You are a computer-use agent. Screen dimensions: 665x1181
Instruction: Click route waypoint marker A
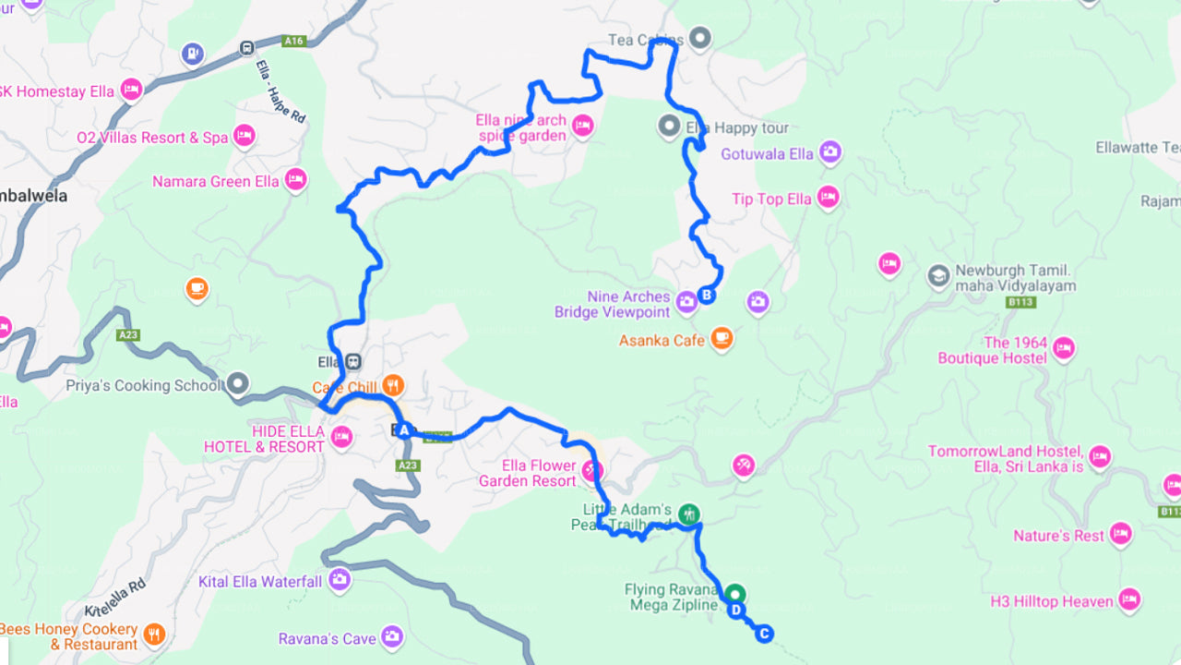pos(403,429)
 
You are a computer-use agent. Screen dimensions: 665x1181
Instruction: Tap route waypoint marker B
pos(707,296)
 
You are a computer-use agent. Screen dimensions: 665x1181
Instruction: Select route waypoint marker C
pos(764,634)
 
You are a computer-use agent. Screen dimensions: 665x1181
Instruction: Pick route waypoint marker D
pos(736,610)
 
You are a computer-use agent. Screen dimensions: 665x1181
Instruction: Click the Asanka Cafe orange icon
pos(722,339)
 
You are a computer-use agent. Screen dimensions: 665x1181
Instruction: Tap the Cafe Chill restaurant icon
pos(393,385)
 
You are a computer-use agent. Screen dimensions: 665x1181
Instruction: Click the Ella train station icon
pos(352,361)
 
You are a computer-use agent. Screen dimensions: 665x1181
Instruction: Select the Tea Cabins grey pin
pos(701,38)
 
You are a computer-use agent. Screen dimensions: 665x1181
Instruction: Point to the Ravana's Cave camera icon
pos(392,636)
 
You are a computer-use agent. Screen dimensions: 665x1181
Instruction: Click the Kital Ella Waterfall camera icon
pos(340,579)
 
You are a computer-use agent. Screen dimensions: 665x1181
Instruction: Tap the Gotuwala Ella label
pos(767,154)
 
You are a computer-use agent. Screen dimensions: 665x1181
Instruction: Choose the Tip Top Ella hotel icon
pos(828,198)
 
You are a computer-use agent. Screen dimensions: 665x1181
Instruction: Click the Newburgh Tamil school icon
pos(938,276)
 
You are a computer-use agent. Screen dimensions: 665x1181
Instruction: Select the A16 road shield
pos(293,41)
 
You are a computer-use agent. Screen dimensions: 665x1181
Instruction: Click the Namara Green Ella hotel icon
pos(295,179)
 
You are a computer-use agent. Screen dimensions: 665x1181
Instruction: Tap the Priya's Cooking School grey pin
pos(239,382)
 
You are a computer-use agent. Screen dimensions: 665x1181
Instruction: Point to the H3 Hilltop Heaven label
pos(1052,601)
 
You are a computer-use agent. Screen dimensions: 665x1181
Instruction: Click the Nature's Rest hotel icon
pos(1120,534)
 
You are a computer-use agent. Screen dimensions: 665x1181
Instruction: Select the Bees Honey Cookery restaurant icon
pos(155,634)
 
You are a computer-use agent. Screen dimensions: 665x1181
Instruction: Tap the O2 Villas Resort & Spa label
pos(152,138)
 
